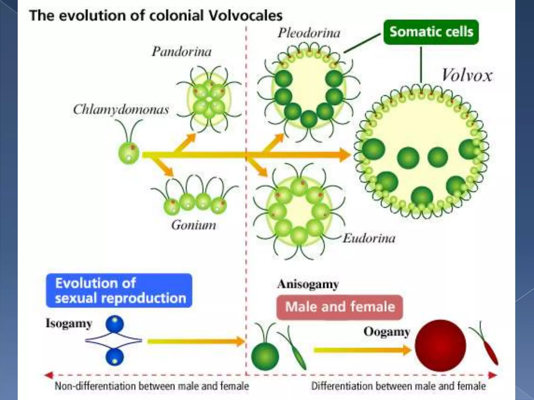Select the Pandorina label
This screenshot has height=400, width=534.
[182, 52]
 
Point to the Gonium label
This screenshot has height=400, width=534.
[194, 225]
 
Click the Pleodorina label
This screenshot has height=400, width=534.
[309, 33]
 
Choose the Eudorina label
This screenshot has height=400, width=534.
[369, 238]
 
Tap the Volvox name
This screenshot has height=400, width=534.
[467, 76]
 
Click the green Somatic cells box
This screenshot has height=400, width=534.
[431, 32]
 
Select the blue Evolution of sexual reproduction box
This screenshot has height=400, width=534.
[119, 290]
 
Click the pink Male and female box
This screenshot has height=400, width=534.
[340, 307]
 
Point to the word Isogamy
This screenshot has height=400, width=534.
[69, 324]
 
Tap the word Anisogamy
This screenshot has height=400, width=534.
[308, 284]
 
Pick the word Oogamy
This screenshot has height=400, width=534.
[387, 332]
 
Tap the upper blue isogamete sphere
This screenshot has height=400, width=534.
[115, 324]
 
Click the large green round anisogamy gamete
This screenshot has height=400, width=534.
[265, 357]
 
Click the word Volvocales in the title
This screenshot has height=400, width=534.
[246, 16]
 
